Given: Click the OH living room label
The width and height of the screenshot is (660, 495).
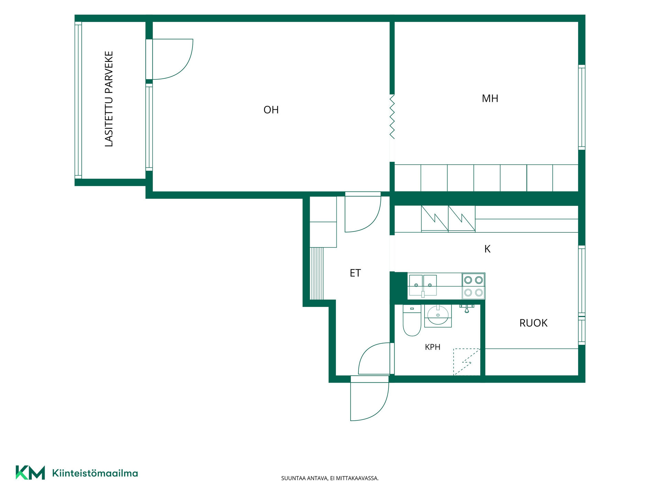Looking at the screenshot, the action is click(271, 110).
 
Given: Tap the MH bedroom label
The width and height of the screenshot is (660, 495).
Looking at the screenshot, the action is click(490, 99).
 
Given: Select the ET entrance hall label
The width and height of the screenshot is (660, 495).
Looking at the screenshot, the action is click(355, 273).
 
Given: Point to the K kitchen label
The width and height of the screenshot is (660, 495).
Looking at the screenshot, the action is click(487, 249).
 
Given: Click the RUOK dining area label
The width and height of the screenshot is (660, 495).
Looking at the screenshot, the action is click(533, 323).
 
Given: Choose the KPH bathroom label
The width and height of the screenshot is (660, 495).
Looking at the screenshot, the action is click(432, 347).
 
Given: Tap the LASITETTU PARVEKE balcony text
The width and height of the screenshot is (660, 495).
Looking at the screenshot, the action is click(109, 99).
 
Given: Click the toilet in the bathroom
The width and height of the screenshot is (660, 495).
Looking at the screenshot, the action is click(412, 320).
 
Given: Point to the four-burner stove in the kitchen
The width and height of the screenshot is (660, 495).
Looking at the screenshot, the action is click(473, 286).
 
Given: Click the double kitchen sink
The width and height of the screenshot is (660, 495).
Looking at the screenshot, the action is click(423, 285).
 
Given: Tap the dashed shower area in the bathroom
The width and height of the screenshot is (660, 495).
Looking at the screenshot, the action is click(466, 362).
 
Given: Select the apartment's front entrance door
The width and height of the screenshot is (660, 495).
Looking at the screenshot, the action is click(369, 399).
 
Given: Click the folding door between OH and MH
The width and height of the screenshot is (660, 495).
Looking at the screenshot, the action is click(392, 117).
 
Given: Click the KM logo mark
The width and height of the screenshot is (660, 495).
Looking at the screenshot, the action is click(30, 472).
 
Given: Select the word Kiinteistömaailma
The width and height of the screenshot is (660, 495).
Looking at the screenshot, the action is click(95, 473).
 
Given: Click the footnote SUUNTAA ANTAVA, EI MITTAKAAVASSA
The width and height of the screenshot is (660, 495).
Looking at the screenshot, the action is click(330, 478).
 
